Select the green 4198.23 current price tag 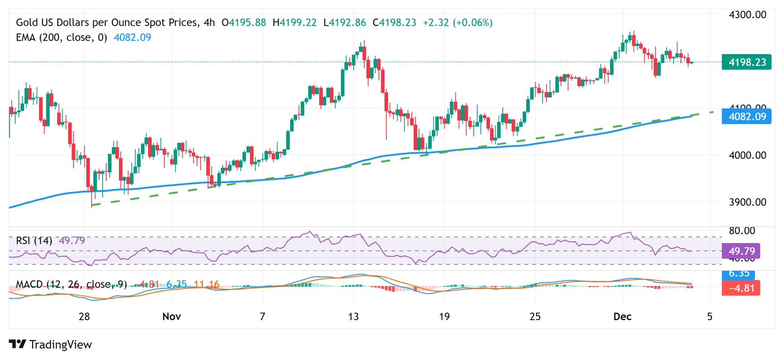pos(746,62)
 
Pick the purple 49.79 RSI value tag pos(741,251)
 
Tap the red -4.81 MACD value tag pos(741,288)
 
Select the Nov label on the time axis pos(171,317)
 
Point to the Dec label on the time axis pos(623,317)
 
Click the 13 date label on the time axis pos(353,317)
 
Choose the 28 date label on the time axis pos(85,317)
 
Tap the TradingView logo pos(51,345)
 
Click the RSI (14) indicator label pos(34,241)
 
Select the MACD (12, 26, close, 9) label pos(71,284)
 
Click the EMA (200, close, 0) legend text pos(61,37)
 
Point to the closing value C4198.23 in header pos(394,22)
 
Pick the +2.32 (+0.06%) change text pos(457,22)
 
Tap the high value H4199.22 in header pos(295,22)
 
